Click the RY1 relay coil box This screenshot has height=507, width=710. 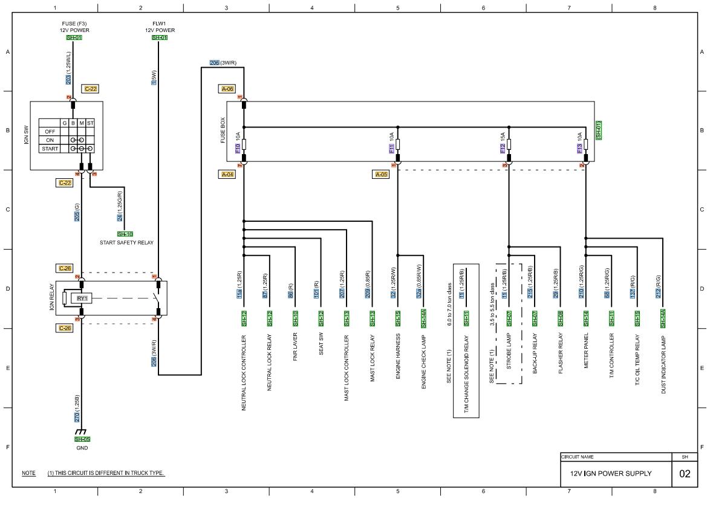pos(82,298)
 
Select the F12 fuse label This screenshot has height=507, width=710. pos(503,149)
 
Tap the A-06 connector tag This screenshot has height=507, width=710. pos(227,89)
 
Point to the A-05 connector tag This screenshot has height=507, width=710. pos(382,174)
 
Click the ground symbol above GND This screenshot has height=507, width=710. pos(79,432)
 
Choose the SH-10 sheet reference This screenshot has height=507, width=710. pos(125,234)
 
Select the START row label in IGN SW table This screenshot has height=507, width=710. pos(50,148)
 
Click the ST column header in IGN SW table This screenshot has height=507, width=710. pos(90,123)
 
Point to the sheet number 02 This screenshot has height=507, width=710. pos(684,474)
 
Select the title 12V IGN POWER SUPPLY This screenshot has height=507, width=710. pos(611,474)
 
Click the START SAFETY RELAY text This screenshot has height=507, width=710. pos(126,242)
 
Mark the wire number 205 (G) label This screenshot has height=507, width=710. pos(77,213)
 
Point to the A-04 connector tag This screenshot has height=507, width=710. pos(227,174)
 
